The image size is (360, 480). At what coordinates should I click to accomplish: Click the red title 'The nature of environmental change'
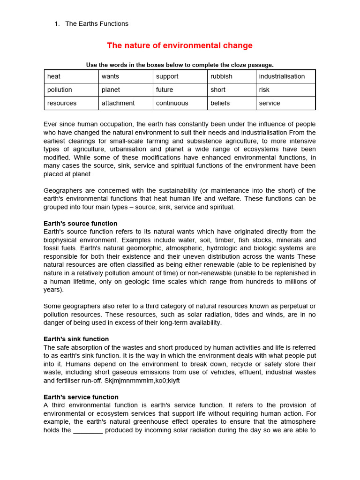click(x=180, y=45)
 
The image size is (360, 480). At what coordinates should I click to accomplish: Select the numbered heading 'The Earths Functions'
click(x=97, y=23)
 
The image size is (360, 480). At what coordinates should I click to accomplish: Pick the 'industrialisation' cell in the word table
click(x=285, y=76)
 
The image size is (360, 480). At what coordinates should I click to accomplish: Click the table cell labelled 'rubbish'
click(x=232, y=76)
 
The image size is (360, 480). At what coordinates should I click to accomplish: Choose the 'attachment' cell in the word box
click(x=126, y=103)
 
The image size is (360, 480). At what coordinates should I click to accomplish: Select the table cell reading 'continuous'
click(x=180, y=103)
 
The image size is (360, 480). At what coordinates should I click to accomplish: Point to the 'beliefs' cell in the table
click(x=232, y=103)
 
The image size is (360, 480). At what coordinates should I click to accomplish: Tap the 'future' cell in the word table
click(x=180, y=90)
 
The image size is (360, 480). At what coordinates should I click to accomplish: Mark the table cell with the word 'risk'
click(x=285, y=90)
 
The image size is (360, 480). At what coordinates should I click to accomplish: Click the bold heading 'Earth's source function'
click(x=80, y=224)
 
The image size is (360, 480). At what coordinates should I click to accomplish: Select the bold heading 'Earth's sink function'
click(x=76, y=339)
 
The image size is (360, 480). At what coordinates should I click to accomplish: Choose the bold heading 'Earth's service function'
click(x=81, y=397)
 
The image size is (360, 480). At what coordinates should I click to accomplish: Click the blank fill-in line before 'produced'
click(x=88, y=430)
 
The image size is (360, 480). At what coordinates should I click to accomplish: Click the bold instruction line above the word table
click(x=180, y=65)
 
